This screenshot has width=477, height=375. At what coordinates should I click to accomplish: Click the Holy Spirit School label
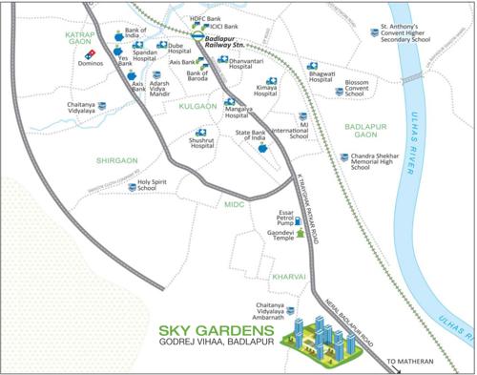click(157, 185)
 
